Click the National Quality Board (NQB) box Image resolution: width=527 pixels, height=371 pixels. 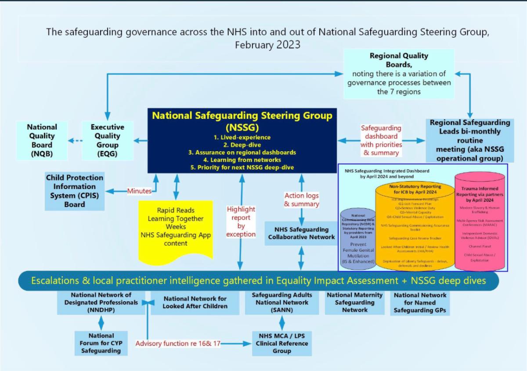tap(42, 140)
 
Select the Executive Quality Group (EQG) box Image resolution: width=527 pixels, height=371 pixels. tap(108, 140)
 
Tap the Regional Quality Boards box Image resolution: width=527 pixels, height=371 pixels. tap(399, 74)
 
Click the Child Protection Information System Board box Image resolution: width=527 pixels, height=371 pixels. tap(75, 191)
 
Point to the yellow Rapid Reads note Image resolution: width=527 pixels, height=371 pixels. tap(176, 228)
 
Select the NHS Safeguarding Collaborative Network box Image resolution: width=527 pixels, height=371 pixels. tap(302, 233)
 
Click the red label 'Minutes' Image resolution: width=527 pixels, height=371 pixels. tap(139, 191)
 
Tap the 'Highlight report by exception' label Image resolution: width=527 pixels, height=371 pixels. tap(241, 221)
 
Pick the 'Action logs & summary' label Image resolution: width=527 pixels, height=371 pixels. tap(302, 200)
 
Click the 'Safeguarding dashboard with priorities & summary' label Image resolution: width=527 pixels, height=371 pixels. tap(381, 140)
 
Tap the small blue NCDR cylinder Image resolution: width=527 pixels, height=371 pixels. tap(357, 237)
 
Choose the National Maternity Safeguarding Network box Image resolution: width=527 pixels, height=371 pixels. tap(355, 303)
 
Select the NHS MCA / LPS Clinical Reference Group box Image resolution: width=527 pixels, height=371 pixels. tap(282, 343)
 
